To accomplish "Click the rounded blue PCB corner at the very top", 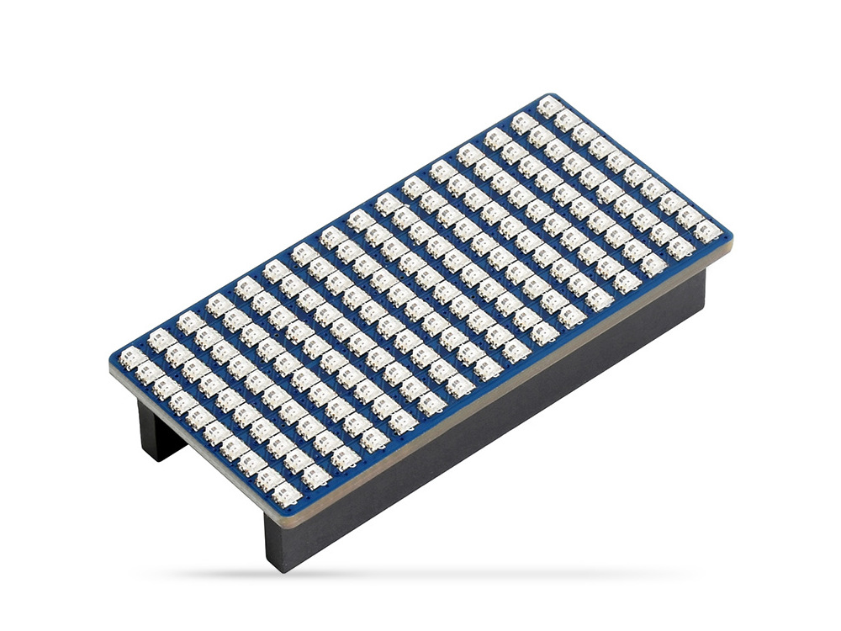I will [550, 95].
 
